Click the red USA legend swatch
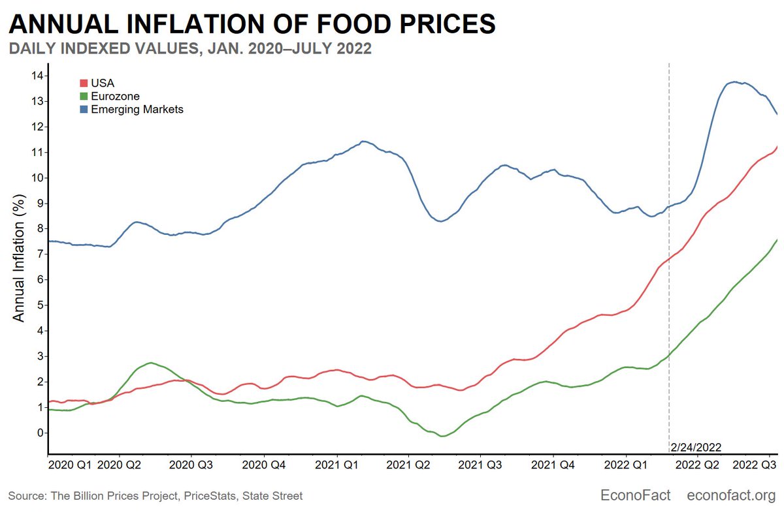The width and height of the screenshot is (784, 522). click(x=84, y=84)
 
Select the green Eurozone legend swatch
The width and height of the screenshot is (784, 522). click(x=84, y=96)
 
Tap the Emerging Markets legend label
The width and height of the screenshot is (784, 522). click(x=137, y=110)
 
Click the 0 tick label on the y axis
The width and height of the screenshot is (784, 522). click(x=41, y=433)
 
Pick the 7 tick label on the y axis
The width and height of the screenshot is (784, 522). click(x=41, y=254)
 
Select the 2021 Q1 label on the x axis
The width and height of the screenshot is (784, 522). click(x=336, y=465)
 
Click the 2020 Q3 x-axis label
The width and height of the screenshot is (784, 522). click(x=191, y=465)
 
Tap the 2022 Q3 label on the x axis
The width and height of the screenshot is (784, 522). click(x=754, y=465)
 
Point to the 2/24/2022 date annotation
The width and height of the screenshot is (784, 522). click(x=696, y=448)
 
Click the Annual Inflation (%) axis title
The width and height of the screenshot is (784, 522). click(x=18, y=258)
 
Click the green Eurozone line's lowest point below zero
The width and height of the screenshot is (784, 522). click(x=442, y=436)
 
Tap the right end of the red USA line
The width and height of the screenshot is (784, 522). click(x=777, y=147)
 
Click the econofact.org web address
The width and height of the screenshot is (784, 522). click(x=731, y=495)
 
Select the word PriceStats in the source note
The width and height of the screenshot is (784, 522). click(x=210, y=496)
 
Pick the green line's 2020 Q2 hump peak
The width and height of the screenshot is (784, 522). click(x=151, y=363)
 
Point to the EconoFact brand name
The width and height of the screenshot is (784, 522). click(x=635, y=495)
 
